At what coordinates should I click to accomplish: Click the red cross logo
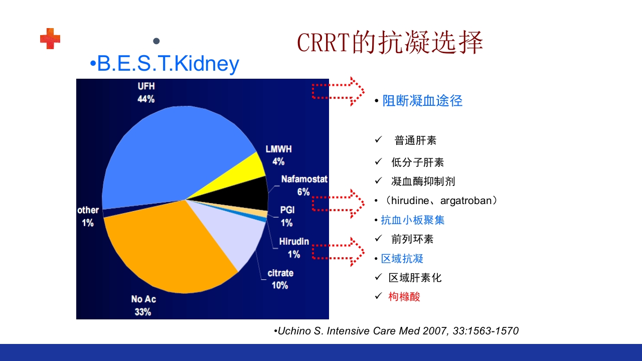tap(50, 39)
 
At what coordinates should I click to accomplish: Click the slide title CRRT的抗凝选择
tap(390, 43)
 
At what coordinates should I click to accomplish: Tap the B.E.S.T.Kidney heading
tap(165, 64)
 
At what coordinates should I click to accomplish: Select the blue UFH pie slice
tap(171, 155)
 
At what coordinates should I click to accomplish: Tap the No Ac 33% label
tap(143, 305)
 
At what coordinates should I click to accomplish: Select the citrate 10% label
tap(280, 279)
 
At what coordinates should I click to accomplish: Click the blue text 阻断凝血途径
tap(422, 101)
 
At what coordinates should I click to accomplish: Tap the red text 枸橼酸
tap(404, 296)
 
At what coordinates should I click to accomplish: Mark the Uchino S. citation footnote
tap(396, 331)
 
